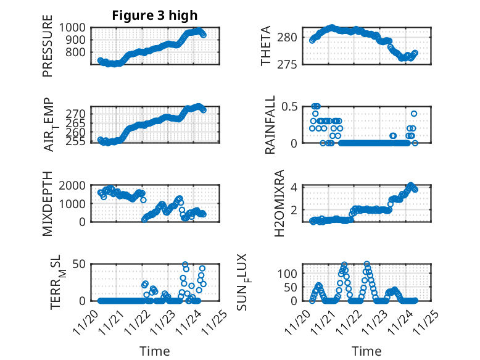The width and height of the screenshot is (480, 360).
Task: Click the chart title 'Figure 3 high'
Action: tap(155, 15)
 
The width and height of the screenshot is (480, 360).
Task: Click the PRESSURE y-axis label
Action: tap(48, 46)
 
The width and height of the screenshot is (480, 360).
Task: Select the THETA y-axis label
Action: tap(266, 46)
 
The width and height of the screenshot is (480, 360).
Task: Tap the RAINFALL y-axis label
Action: tap(270, 125)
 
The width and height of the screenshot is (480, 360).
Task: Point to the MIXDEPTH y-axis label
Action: tap(48, 204)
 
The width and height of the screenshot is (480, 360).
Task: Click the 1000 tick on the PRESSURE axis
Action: tap(76, 28)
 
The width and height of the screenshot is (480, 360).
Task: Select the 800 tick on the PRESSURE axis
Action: tap(79, 52)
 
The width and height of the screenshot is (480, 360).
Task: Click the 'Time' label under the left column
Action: tap(155, 351)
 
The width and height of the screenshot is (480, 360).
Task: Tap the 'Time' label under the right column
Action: tap(366, 351)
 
